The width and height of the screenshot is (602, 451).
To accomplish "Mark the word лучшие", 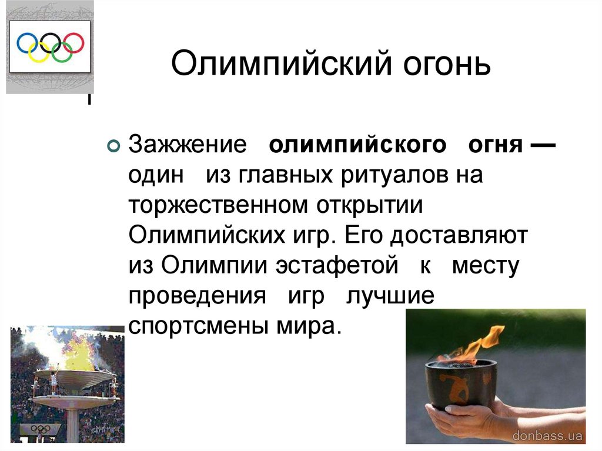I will pyautogui.click(x=390, y=295).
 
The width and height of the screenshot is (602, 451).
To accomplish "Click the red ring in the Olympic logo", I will pyautogui.click(x=73, y=42).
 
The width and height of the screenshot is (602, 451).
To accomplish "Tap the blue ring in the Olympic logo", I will pyautogui.click(x=26, y=42).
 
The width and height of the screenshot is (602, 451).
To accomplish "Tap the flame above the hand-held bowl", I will pyautogui.click(x=476, y=345).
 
